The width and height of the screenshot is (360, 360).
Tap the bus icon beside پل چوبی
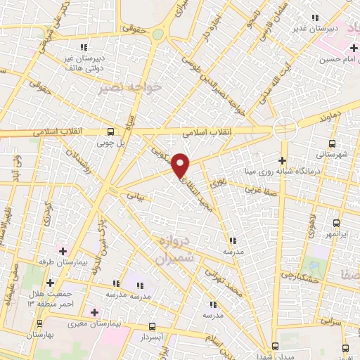click(110, 131)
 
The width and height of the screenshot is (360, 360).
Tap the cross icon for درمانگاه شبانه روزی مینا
click(283, 160)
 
